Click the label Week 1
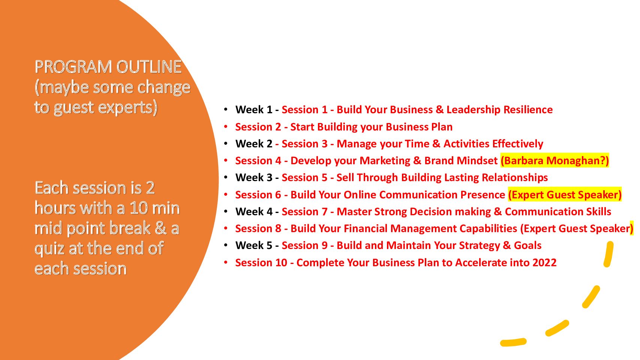(x=254, y=110)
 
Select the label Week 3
(x=254, y=177)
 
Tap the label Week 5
(x=254, y=245)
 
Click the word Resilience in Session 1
(x=528, y=110)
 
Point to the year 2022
(x=544, y=262)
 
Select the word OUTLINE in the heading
(x=148, y=67)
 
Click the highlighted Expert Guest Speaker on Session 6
(x=565, y=195)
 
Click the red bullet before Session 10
(x=226, y=262)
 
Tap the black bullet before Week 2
(x=226, y=143)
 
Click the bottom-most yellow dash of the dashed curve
(x=513, y=342)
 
